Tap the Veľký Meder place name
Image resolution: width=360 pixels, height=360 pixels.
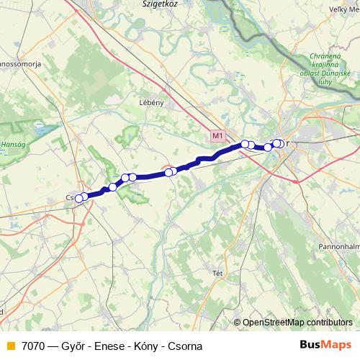pos(342,9)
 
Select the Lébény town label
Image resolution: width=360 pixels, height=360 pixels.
pos(152,103)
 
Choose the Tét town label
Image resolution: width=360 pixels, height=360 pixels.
pos(217,273)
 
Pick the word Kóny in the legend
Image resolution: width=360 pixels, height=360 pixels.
pos(144,346)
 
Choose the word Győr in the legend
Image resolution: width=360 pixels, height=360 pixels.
pos(74,346)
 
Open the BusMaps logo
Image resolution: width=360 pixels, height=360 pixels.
pos(325,345)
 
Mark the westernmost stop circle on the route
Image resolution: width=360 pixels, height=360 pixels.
pos(78,198)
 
